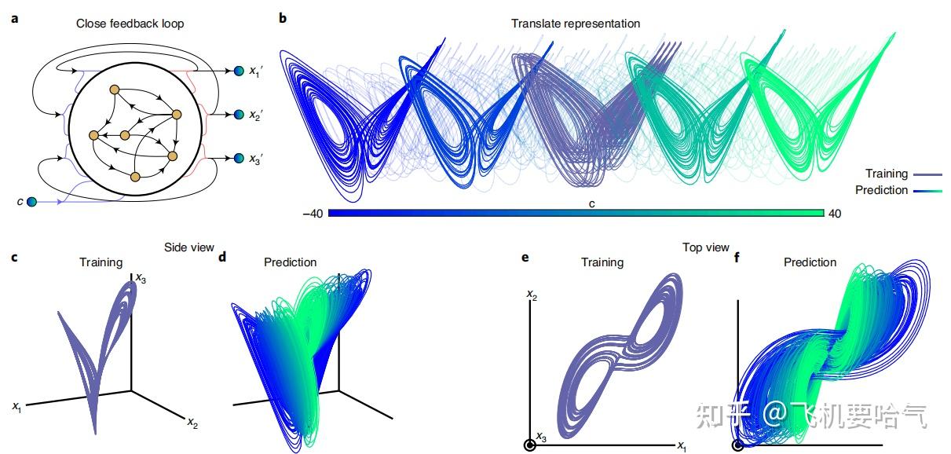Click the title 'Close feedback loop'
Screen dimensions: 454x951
(x=130, y=24)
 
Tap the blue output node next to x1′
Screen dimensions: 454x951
(x=239, y=71)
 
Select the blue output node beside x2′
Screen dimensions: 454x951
(x=239, y=115)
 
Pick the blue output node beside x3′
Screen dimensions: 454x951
(x=239, y=159)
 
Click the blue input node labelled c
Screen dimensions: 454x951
(x=31, y=202)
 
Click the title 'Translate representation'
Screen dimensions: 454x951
(x=575, y=24)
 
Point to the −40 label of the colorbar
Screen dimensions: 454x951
(x=312, y=213)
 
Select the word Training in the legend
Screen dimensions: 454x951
(x=886, y=174)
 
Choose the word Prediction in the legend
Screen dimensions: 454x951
(x=880, y=190)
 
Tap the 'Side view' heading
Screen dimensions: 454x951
(x=188, y=247)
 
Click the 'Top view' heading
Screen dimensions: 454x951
(x=706, y=247)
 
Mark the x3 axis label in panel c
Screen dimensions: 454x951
(x=141, y=277)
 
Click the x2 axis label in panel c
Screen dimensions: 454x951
(x=192, y=423)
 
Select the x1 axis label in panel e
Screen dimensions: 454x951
(x=682, y=446)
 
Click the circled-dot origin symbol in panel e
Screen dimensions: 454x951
(x=529, y=445)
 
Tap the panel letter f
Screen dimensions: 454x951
(x=737, y=256)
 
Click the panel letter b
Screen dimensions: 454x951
(x=283, y=18)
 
